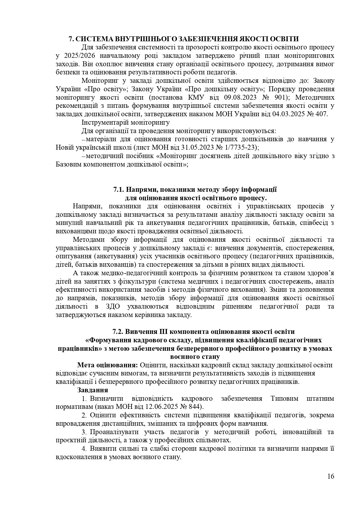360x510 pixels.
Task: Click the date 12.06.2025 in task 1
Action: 163,406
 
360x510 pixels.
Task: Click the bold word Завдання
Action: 93,390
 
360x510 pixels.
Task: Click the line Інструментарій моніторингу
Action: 125,122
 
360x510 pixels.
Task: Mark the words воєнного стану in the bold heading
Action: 194,357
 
